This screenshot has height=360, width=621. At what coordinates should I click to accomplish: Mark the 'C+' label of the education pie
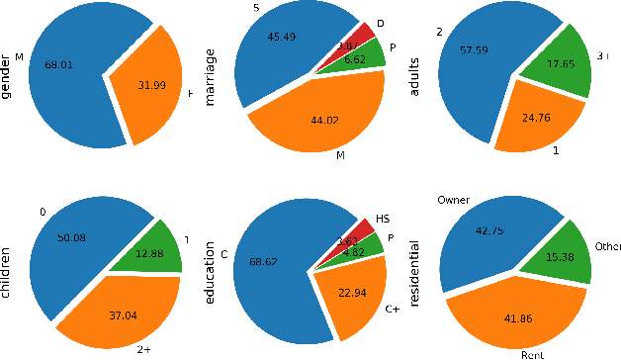point(391,309)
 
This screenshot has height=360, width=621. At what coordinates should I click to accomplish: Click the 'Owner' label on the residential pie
point(453,201)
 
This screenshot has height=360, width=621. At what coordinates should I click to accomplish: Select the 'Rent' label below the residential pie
point(535,353)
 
